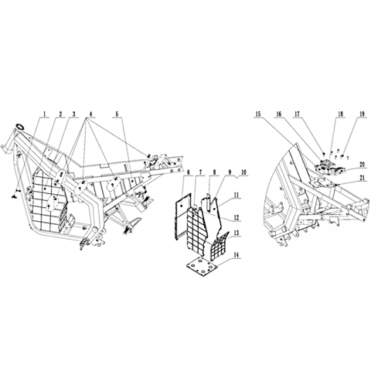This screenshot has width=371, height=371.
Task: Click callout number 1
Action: coord(44,114)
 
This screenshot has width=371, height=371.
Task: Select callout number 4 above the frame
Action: coord(90,114)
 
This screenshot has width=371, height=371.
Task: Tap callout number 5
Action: coord(117,114)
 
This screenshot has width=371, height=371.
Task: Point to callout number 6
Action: coord(189,172)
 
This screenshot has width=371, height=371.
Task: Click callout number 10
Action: coord(243,172)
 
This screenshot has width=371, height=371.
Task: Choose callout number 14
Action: coord(237,255)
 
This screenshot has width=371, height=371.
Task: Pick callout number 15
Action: coord(258,114)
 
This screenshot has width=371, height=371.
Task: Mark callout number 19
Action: coord(362,114)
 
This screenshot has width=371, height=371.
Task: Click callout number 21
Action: coord(362,179)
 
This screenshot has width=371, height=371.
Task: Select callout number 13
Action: coord(237,233)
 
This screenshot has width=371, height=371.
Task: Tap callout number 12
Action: coord(237,217)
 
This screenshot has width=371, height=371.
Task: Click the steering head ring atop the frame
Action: coord(20,127)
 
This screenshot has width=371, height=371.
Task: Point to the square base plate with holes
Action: coord(202,267)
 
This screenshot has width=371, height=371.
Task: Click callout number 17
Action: coord(298,114)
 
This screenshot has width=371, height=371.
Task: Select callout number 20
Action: coord(362,165)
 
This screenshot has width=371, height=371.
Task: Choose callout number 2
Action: coord(60,114)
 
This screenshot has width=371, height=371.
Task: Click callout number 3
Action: coord(74,114)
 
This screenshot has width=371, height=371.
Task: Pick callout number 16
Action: coord(278,114)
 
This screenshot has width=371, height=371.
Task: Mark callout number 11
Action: coord(237,196)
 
